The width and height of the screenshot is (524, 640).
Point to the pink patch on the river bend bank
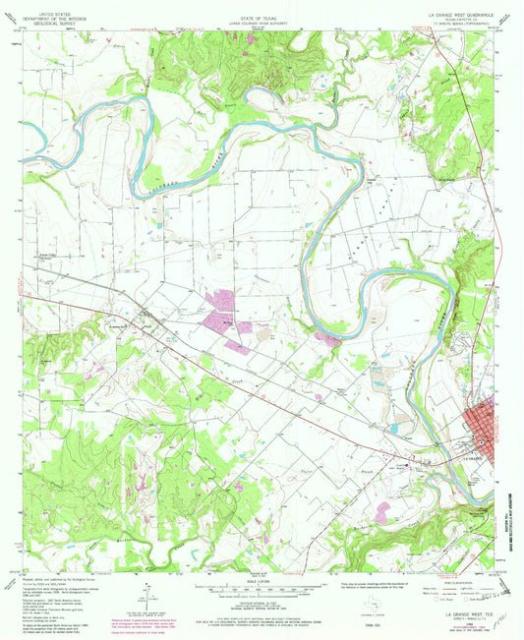point(329,340)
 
